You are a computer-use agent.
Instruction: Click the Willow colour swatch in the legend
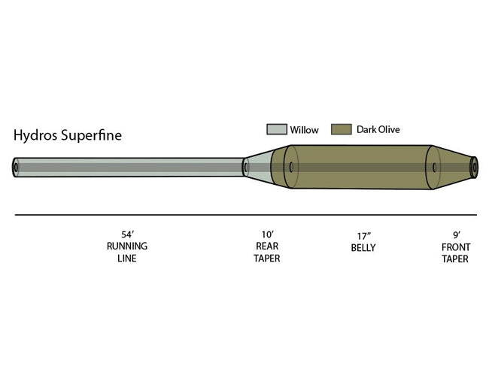click(277, 129)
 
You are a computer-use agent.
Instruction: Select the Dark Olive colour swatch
click(342, 129)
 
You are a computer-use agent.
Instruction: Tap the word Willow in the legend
click(305, 130)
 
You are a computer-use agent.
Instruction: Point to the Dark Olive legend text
click(378, 129)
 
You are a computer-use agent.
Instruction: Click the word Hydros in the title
click(35, 136)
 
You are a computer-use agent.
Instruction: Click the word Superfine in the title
click(91, 135)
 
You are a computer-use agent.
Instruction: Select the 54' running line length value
click(128, 234)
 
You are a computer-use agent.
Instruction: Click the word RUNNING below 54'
click(127, 246)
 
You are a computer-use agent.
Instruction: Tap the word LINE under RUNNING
click(127, 258)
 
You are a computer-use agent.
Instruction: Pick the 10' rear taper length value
click(267, 234)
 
